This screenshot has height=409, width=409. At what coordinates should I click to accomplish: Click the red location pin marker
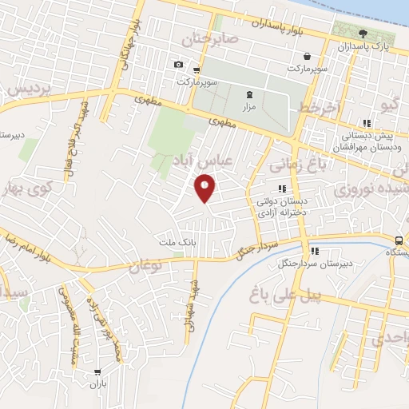205,189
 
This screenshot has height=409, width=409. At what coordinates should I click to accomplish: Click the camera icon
177,65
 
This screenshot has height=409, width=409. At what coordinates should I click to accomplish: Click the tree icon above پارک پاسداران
363,34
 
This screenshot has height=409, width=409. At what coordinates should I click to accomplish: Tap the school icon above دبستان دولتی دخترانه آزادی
281,189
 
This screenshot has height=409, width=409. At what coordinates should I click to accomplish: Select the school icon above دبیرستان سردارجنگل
314,250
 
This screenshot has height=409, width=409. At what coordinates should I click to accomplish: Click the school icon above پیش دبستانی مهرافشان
367,123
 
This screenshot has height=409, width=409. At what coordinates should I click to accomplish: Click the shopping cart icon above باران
97,371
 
